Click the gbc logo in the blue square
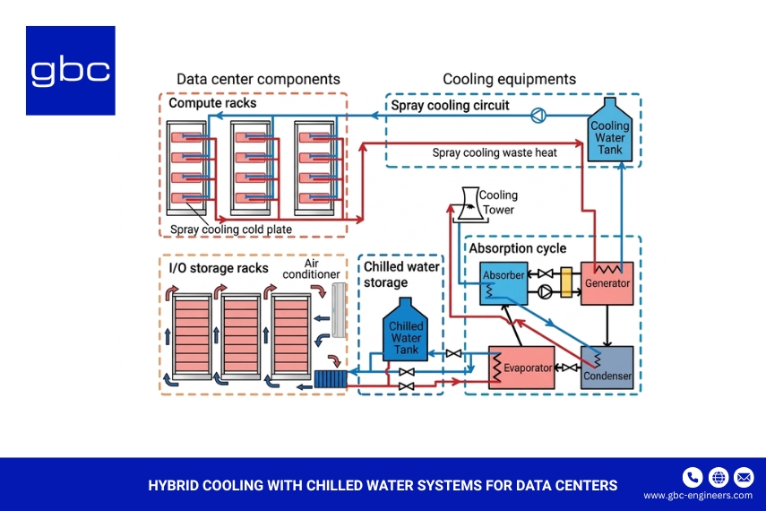point(70,71)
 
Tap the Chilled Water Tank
point(407,333)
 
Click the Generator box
point(607,283)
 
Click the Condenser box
point(607,368)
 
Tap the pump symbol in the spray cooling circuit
point(538,115)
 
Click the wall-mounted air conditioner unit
point(338,310)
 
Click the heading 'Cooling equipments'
point(509,80)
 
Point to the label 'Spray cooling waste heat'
point(495,153)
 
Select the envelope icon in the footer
point(744,476)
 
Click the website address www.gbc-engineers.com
point(698,496)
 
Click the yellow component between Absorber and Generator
point(565,282)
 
